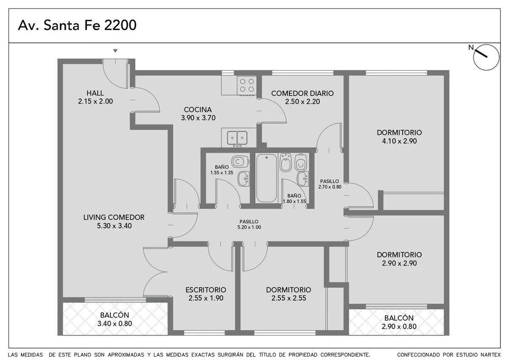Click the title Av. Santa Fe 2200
click(77, 25)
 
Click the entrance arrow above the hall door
click(115, 51)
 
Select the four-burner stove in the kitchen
click(247, 85)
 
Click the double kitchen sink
click(237, 138)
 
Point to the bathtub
click(266, 178)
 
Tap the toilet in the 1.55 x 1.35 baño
click(241, 161)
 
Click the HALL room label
click(95, 93)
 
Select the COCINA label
click(198, 110)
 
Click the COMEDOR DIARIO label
click(302, 93)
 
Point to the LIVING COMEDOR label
click(114, 217)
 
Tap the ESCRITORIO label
click(206, 290)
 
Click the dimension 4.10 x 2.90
click(399, 141)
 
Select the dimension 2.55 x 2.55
click(288, 298)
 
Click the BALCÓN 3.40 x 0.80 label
click(115, 319)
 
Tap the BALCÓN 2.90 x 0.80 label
click(399, 322)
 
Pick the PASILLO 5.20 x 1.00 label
click(249, 224)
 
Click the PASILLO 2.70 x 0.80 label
click(330, 184)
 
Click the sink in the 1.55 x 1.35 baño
click(243, 179)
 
